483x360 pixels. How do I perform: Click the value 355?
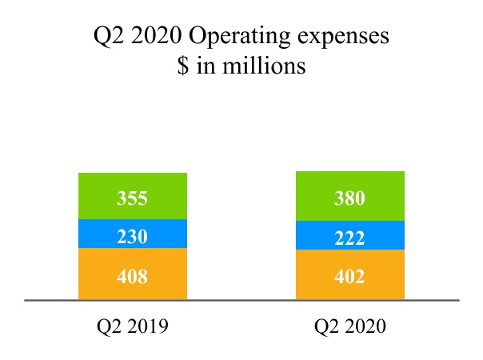point(133,198)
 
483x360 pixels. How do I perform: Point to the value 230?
point(133,237)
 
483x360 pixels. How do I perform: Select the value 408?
point(133,277)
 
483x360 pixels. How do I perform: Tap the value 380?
point(349,198)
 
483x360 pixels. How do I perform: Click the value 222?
point(349,238)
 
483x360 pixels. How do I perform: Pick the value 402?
point(349,277)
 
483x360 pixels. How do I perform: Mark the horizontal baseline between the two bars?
point(241,301)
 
